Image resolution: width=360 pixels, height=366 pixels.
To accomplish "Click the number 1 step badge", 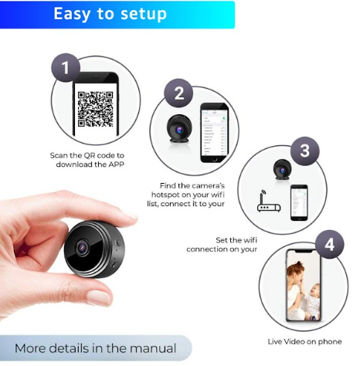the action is tap(66, 67).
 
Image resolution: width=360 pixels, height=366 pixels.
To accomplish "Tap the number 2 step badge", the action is tap(178, 93).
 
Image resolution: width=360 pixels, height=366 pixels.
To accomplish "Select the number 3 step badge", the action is tap(305, 151).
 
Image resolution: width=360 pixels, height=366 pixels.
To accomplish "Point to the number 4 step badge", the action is tap(330, 244).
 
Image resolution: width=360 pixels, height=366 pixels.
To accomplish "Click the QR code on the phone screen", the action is tap(96, 109).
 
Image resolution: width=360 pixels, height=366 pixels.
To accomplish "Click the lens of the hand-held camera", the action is tap(83, 247).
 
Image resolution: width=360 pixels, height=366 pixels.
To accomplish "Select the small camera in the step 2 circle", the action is tap(179, 129).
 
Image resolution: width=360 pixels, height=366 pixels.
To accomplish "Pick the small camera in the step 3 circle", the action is tap(283, 170).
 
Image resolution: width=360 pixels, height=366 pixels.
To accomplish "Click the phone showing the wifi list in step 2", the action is tap(215, 133).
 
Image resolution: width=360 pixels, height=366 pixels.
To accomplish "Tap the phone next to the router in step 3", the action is tap(299, 202).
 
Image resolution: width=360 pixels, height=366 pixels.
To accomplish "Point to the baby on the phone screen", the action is tap(312, 301).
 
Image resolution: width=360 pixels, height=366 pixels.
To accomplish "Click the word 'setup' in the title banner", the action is tap(144, 14).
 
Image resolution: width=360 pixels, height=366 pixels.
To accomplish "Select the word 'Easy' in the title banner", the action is tap(72, 15).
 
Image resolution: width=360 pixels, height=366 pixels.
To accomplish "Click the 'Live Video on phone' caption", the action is tap(305, 341).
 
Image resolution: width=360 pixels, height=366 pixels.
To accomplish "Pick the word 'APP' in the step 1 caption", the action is tap(116, 164).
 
